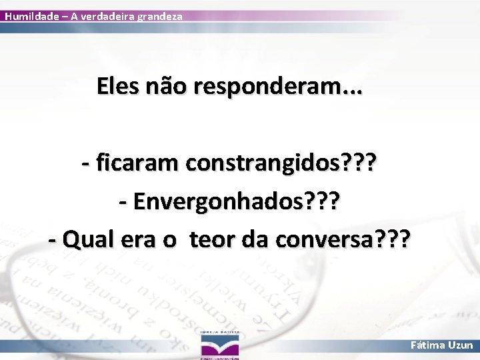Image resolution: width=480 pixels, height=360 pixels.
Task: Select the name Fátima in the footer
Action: tap(428, 345)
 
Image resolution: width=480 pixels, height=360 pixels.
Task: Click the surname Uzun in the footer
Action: tap(460, 345)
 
